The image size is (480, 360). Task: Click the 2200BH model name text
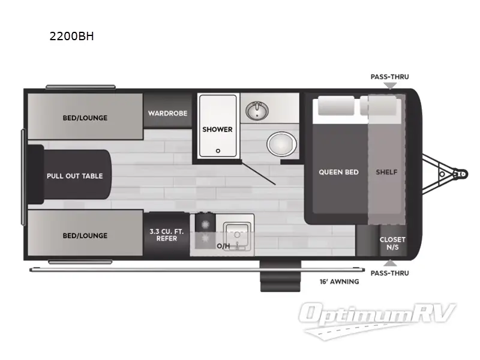(72, 36)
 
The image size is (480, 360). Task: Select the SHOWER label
(217, 129)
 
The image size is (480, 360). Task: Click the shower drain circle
(218, 151)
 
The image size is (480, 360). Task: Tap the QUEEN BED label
(338, 172)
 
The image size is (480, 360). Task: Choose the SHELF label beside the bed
(386, 172)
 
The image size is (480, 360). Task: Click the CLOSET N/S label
(392, 243)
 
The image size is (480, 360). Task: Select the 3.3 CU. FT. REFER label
(163, 235)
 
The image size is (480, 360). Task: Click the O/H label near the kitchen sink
(223, 246)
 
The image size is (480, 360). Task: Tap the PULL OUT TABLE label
(75, 176)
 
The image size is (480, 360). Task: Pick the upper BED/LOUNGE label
(85, 118)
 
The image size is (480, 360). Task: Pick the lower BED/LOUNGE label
(85, 235)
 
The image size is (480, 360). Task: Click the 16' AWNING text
(339, 281)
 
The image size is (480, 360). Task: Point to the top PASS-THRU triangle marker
(390, 86)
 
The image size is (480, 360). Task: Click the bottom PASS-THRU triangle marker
(390, 263)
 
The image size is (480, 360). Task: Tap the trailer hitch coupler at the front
(459, 174)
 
